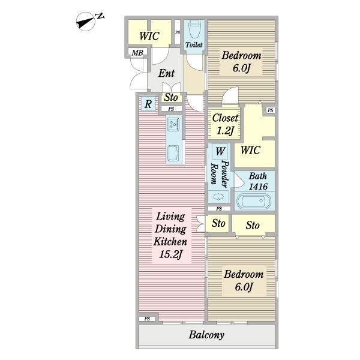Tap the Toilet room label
click(194, 45)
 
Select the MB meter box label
click(137, 53)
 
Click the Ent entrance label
click(166, 73)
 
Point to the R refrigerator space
click(148, 104)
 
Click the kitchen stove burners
click(174, 124)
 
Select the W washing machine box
click(220, 152)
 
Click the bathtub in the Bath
click(254, 202)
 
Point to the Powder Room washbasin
click(218, 197)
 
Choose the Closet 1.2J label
click(225, 124)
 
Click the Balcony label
click(206, 335)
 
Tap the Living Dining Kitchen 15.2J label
click(170, 235)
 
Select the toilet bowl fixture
click(194, 29)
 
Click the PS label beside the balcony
click(147, 319)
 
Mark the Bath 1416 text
click(258, 181)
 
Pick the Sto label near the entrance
click(171, 97)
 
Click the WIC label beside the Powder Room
click(250, 151)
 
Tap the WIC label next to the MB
click(149, 36)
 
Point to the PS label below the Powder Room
click(219, 208)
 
